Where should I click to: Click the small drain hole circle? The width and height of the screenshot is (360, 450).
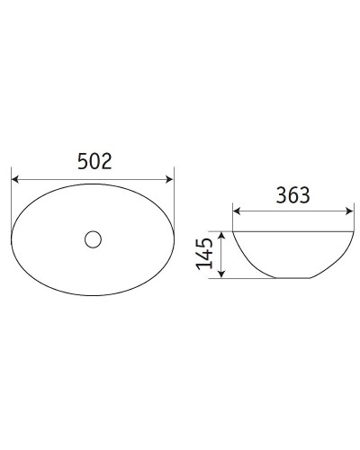(93, 239)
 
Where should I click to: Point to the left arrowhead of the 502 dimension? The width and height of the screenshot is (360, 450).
(15, 177)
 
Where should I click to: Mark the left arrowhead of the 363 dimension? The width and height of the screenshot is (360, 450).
(238, 211)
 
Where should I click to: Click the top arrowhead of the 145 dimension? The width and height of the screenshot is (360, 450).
(220, 233)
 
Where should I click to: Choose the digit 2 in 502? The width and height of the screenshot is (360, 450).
(106, 161)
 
